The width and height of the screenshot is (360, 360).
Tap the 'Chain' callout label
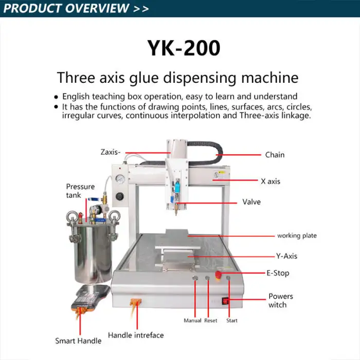(x=275, y=155)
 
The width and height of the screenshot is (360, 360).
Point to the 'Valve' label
(x=251, y=202)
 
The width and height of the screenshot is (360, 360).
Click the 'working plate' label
(x=297, y=236)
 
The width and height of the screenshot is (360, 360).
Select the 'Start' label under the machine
(x=232, y=320)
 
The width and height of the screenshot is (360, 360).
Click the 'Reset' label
(x=211, y=320)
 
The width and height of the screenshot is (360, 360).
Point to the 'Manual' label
(x=192, y=320)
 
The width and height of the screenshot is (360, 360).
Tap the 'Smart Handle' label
(x=78, y=340)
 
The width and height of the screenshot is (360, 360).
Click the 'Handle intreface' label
(x=136, y=335)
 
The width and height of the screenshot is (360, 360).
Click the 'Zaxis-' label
(x=111, y=152)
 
